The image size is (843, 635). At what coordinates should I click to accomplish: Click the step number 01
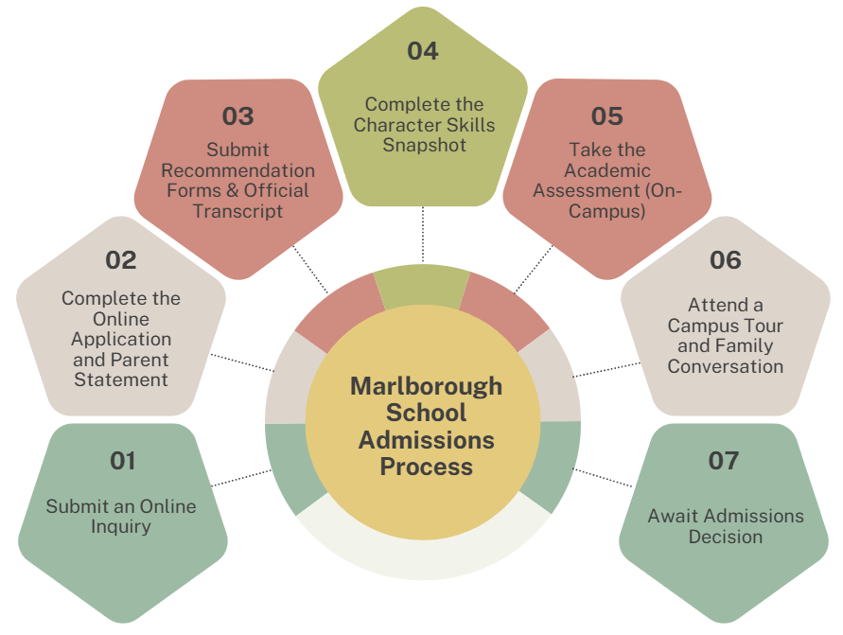click(x=122, y=461)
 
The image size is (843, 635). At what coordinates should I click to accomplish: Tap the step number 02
click(x=121, y=259)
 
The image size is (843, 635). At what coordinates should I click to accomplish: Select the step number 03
click(x=237, y=116)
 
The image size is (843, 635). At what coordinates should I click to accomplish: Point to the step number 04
click(x=422, y=51)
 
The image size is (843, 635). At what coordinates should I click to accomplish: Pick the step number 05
click(x=606, y=116)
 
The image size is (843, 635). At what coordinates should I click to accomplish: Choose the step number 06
click(x=725, y=259)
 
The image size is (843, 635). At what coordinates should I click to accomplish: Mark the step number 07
click(x=724, y=461)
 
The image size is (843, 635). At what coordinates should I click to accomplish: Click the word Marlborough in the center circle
click(x=426, y=386)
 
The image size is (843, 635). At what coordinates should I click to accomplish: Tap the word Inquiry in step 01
click(x=121, y=527)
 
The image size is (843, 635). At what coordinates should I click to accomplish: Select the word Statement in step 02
click(x=121, y=379)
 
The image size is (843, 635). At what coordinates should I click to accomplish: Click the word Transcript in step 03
click(x=238, y=211)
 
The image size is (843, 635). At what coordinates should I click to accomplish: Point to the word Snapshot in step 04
click(x=425, y=145)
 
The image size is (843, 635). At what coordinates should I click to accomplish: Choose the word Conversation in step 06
click(x=726, y=366)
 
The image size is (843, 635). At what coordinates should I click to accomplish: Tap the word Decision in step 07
click(x=726, y=537)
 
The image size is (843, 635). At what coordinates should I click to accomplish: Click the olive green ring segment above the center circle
click(x=422, y=287)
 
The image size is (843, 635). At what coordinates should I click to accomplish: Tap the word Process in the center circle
click(x=426, y=467)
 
